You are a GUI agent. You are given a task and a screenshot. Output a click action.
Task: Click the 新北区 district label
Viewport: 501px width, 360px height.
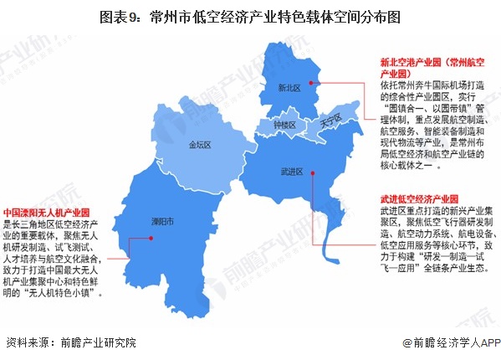pyautogui.click(x=289, y=87)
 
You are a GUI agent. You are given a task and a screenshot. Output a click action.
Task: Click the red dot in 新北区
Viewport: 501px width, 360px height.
pyautogui.click(x=311, y=82)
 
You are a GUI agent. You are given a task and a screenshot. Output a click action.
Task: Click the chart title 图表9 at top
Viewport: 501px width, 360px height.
pyautogui.click(x=249, y=14)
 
